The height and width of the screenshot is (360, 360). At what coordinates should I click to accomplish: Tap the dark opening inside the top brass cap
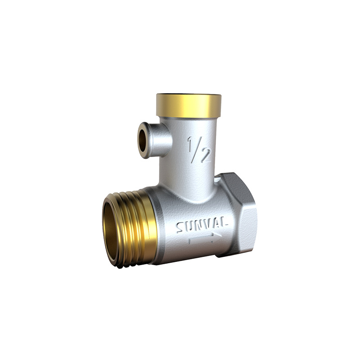pyautogui.click(x=189, y=95)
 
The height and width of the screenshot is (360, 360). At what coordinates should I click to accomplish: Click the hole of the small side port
pyautogui.click(x=143, y=140)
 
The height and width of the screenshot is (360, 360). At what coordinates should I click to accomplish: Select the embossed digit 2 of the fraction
pyautogui.click(x=205, y=155)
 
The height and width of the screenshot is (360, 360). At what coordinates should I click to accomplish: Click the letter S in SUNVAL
pyautogui.click(x=181, y=228)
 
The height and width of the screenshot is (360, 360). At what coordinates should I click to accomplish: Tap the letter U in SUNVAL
pyautogui.click(x=189, y=227)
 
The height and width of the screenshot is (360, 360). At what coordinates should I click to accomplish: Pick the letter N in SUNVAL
pyautogui.click(x=198, y=226)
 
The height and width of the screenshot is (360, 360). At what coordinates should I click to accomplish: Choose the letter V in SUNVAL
pyautogui.click(x=207, y=225)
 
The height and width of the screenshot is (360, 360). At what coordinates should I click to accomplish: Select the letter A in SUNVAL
pyautogui.click(x=216, y=225)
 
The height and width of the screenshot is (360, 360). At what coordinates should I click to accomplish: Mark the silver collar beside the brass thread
pyautogui.click(x=160, y=225)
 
